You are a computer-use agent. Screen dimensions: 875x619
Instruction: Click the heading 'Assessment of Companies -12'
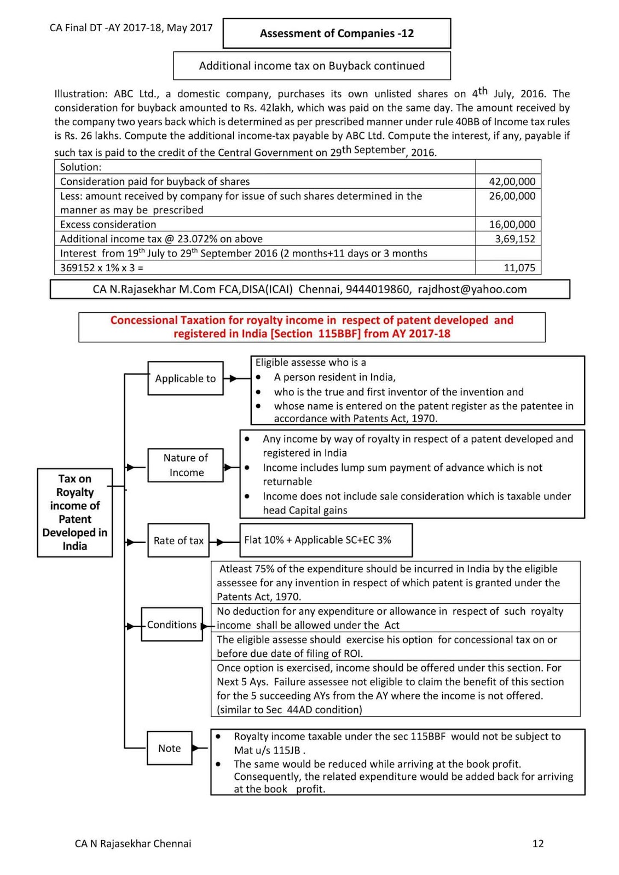337,33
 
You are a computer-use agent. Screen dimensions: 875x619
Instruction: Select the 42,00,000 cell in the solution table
512,182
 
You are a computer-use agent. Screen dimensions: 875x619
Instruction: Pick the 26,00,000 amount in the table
512,196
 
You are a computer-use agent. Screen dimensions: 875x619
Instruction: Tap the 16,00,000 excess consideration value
512,224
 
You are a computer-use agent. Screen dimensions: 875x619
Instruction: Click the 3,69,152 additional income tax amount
514,239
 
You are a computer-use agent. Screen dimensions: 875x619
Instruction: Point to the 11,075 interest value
519,267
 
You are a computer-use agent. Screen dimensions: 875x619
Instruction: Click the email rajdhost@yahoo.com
472,289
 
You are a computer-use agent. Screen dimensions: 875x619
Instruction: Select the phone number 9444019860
378,289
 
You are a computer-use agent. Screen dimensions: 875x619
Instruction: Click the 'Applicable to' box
186,378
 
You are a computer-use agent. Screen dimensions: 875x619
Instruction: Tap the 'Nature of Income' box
186,465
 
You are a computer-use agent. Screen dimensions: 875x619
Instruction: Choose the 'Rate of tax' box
178,540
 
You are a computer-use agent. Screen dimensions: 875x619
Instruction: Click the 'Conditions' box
172,625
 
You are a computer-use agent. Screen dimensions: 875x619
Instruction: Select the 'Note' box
170,748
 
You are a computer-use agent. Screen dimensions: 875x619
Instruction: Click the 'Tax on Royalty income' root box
75,512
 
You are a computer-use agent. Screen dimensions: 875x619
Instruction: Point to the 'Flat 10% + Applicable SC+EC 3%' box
326,540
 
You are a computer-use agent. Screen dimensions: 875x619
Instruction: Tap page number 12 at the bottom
537,843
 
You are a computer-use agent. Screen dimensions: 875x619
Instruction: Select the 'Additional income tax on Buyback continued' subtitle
312,66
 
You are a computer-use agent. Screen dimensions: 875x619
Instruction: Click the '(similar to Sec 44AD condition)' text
290,710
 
